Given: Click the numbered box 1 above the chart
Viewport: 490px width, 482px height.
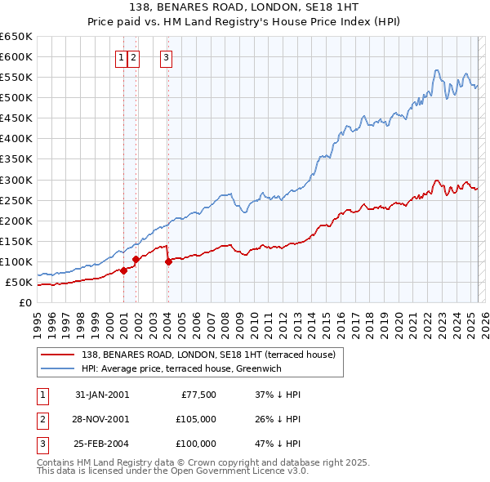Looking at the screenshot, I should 121,57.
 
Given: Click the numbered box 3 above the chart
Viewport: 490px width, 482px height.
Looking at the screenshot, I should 166,57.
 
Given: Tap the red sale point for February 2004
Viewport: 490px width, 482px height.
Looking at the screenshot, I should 167,261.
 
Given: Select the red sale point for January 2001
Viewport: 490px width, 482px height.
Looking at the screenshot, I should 123,270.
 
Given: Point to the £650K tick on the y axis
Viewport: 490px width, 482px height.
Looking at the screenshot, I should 16,37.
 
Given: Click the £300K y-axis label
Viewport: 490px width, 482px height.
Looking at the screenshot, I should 16,180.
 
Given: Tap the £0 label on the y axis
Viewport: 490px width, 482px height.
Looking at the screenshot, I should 25,303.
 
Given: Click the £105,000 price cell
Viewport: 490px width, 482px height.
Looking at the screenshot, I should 197,419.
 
